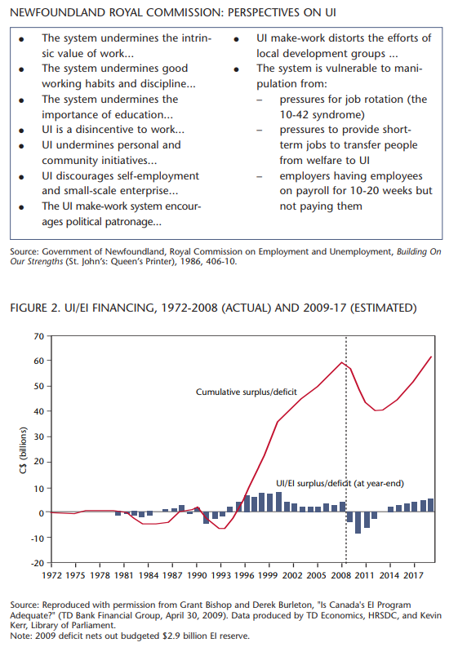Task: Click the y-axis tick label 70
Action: [39, 336]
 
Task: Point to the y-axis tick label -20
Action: [38, 563]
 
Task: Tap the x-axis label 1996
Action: [244, 575]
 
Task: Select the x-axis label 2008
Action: [341, 575]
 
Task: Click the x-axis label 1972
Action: [51, 575]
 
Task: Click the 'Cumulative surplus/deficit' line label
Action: [246, 392]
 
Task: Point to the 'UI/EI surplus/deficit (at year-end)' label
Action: [340, 483]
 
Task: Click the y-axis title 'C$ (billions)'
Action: [23, 450]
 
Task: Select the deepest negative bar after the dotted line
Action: [358, 522]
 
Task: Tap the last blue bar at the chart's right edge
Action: [431, 505]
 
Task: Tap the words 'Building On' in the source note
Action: [419, 252]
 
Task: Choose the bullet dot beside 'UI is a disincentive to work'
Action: [21, 131]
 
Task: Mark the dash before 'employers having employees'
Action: [260, 176]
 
